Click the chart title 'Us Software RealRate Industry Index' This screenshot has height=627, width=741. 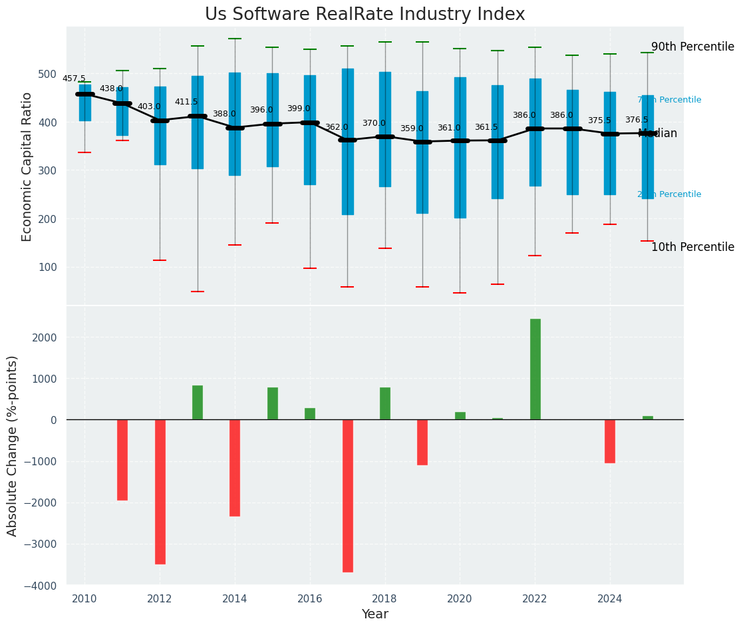coord(365,15)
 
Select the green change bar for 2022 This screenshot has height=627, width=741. coord(535,369)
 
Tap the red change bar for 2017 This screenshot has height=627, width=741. coord(347,495)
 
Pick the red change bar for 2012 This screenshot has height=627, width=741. coord(160,491)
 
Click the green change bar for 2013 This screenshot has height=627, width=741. coord(198,403)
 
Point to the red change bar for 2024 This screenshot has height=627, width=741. coord(610,441)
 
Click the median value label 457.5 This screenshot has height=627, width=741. coord(74,79)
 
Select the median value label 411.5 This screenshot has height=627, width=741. coord(186,102)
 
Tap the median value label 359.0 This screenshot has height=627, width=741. coord(411,128)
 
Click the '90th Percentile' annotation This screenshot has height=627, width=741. coord(692,47)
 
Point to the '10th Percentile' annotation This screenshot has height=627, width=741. coord(692,248)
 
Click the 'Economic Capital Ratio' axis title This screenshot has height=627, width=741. coord(27,166)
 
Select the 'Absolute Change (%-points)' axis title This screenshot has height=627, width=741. coord(13,445)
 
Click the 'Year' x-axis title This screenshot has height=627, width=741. coord(374,614)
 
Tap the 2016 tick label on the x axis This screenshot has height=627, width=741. coord(309,599)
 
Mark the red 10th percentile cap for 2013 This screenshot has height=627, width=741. coord(198,292)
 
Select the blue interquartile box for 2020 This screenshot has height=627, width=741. coord(460,147)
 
